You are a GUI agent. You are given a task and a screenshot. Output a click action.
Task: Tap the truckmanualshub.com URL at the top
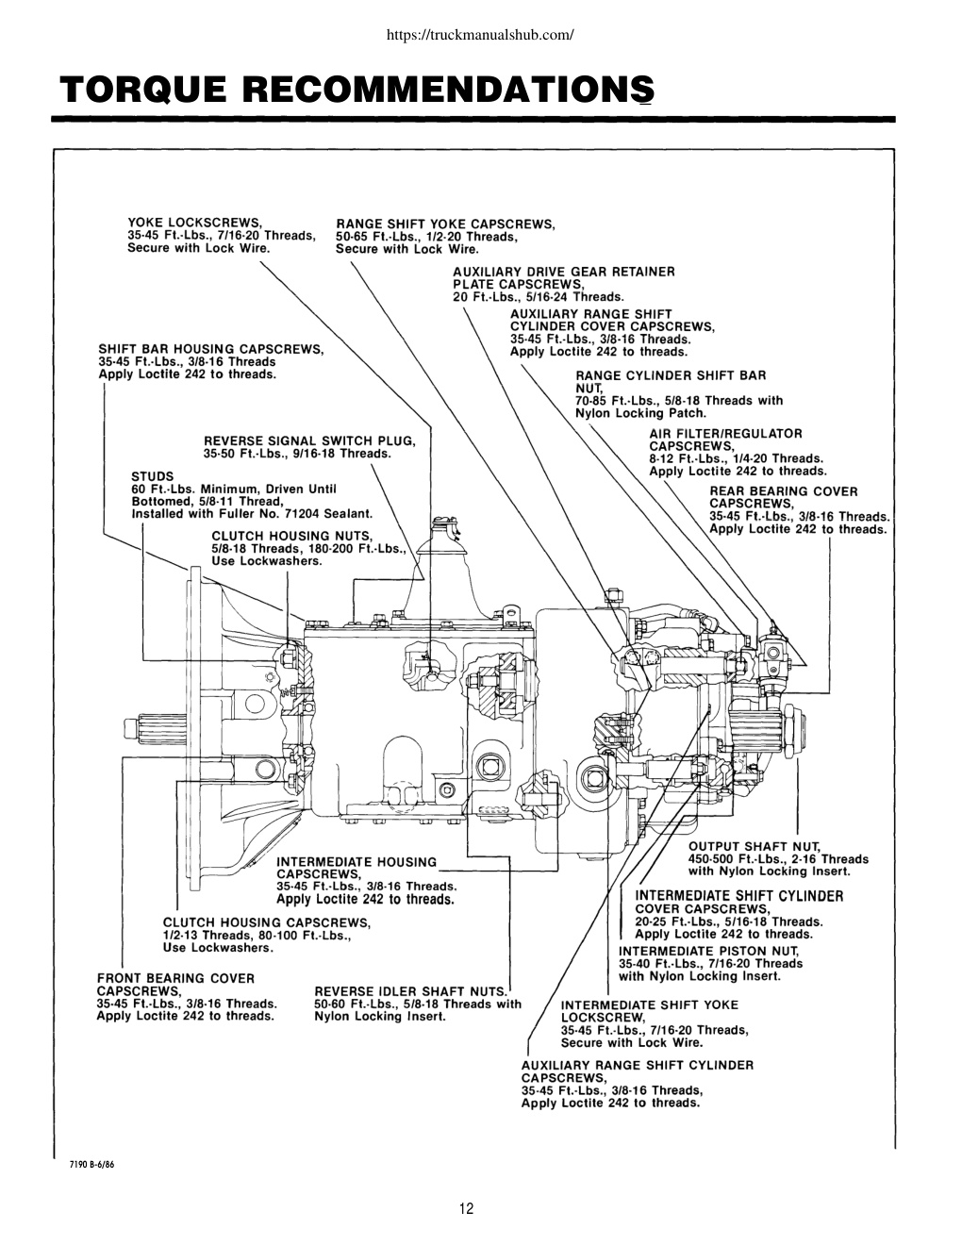pos(480,35)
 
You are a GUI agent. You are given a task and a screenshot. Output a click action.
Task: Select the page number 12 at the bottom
pos(467,1208)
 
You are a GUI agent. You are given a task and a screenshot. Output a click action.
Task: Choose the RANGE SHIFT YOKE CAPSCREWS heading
pos(445,224)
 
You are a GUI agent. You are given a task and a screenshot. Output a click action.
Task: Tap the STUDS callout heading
pos(153,476)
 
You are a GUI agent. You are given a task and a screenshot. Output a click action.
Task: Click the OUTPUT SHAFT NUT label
pos(755,846)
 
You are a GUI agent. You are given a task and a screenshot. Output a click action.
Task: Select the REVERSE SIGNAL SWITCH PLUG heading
pos(310,440)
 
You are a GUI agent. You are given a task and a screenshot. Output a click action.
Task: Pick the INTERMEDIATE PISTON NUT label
pos(708,951)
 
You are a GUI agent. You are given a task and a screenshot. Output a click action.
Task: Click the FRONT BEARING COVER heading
pos(175,978)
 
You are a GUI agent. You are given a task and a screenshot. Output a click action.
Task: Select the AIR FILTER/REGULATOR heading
pos(725,433)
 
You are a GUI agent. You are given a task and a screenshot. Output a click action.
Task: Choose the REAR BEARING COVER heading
pos(784,491)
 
